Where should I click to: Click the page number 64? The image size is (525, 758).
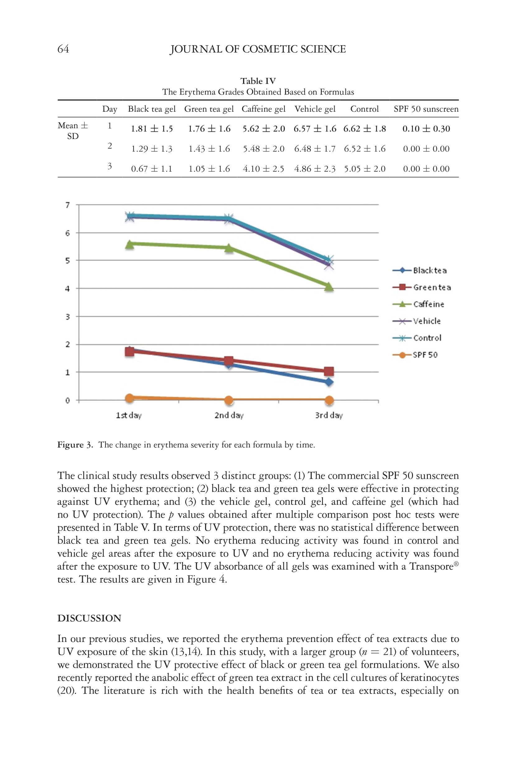(x=63, y=49)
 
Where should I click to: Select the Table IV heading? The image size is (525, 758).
(x=258, y=81)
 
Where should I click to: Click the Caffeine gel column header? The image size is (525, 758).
(x=263, y=109)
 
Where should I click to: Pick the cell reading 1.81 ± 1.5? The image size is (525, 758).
(x=152, y=129)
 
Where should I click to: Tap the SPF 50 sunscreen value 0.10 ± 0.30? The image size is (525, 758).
(x=426, y=129)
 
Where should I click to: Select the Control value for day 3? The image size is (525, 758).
(x=364, y=169)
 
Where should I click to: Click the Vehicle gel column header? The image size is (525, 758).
(x=315, y=109)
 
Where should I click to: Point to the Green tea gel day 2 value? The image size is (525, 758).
(x=209, y=149)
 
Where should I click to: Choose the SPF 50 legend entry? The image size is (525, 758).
(x=415, y=355)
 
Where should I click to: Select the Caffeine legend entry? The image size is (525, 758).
(x=419, y=305)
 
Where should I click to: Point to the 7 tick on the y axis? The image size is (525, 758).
(x=68, y=205)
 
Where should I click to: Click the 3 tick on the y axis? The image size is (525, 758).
(x=68, y=317)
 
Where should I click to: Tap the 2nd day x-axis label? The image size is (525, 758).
(x=229, y=416)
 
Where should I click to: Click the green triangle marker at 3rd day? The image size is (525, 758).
(x=329, y=287)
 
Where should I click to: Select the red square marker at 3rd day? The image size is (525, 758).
(x=329, y=371)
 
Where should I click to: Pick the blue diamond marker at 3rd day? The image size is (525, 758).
(x=329, y=382)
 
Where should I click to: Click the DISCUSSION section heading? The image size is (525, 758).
(x=89, y=618)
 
